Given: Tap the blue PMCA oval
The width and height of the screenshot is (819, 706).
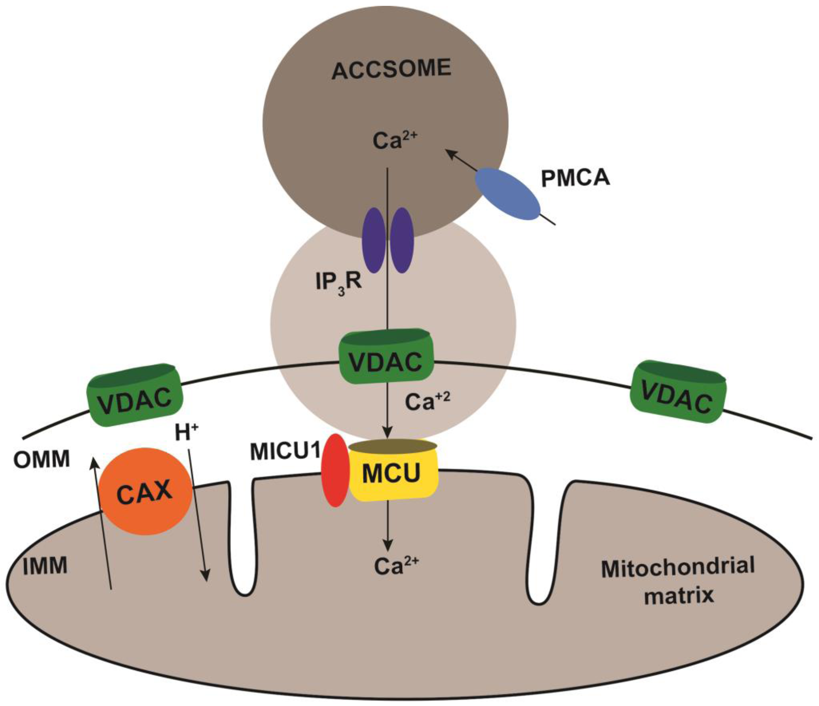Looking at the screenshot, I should click(x=507, y=194).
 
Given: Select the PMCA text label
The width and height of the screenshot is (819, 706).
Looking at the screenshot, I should click(x=575, y=178).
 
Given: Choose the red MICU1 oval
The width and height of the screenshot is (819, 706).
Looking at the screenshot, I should click(x=335, y=470).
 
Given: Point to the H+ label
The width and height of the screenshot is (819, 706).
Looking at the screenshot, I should click(x=186, y=432).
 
